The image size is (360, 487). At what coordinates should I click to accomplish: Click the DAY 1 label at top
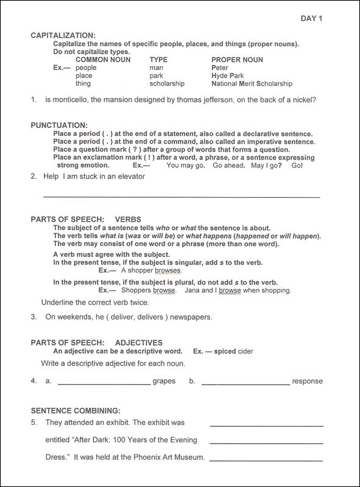click(311, 19)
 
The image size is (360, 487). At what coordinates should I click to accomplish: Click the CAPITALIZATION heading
click(63, 36)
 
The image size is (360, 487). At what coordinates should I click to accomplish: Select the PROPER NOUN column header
click(237, 60)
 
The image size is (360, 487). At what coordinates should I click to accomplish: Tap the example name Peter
click(220, 68)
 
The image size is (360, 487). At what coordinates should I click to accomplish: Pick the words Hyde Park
click(228, 75)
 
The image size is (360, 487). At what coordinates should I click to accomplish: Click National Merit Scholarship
click(252, 83)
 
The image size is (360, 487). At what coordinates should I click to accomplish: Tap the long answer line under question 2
click(181, 197)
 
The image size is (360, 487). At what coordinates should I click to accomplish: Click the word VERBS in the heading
click(128, 218)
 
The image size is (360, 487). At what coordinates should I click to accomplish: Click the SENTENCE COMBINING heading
click(75, 411)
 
